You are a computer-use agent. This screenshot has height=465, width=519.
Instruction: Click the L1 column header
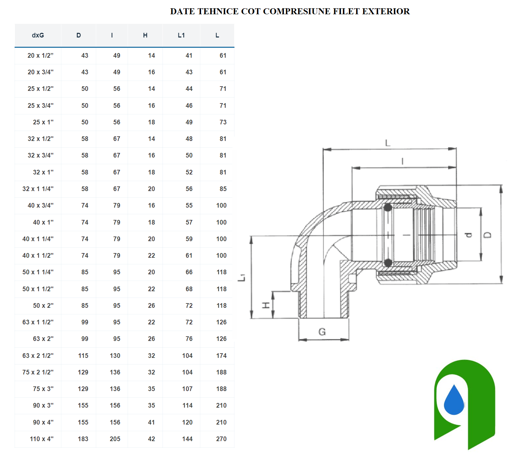tap(181, 35)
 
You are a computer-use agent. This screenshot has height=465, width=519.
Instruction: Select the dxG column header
tap(38, 35)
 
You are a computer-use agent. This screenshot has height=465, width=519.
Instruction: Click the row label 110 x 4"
tap(41, 439)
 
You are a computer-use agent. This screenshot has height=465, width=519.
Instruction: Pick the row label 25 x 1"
tap(43, 122)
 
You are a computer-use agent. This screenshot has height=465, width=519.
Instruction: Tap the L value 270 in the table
tap(221, 439)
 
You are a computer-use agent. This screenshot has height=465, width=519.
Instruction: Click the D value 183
tap(83, 439)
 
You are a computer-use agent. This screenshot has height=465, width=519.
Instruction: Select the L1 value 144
tap(187, 439)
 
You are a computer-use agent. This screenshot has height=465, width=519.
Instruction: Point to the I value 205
tap(115, 439)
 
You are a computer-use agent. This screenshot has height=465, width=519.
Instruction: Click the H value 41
tap(152, 422)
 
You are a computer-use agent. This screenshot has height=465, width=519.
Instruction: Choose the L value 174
tap(221, 356)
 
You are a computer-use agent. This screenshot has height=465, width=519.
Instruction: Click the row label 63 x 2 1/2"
tap(38, 356)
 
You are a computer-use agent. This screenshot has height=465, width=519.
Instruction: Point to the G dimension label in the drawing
tap(322, 332)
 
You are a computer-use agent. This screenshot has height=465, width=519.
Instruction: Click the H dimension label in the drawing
tap(266, 305)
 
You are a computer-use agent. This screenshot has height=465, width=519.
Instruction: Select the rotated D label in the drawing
tap(487, 235)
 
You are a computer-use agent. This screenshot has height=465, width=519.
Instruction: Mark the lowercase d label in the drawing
tap(468, 235)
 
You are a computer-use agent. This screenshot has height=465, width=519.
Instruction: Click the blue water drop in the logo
tap(454, 400)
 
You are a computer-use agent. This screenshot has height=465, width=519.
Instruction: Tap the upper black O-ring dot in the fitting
tap(388, 208)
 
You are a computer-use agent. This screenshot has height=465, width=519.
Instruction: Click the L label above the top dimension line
tap(388, 143)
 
